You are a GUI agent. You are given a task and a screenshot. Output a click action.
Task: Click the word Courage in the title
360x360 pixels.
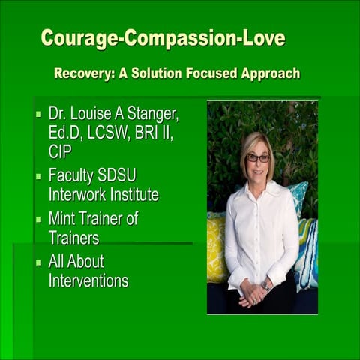(x=73, y=38)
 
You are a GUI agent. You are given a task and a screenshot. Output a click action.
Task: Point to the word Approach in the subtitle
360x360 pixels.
(x=268, y=73)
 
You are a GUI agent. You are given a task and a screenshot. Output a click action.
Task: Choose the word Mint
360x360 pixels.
(x=64, y=220)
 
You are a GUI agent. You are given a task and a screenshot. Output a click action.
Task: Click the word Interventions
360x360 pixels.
(x=88, y=281)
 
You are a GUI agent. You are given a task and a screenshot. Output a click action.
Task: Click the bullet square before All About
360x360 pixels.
(x=38, y=263)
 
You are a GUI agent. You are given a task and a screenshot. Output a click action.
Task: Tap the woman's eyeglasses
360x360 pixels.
(x=258, y=158)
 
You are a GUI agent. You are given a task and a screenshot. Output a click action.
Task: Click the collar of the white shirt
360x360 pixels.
(x=257, y=189)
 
